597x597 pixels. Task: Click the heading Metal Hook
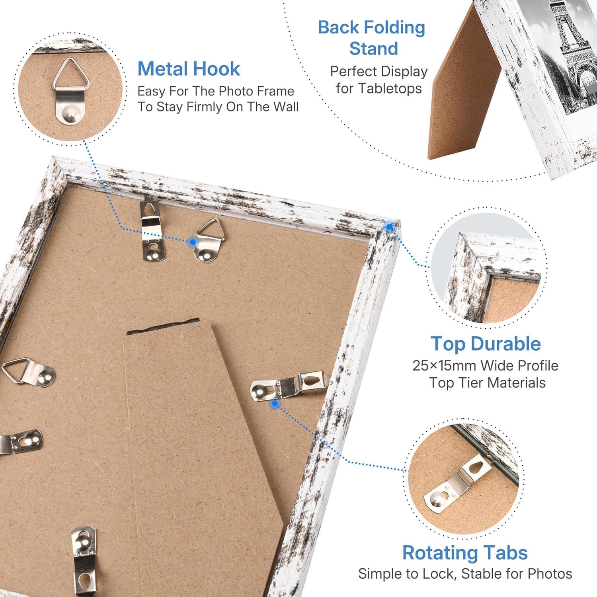tap(189, 69)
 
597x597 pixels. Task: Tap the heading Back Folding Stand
tap(372, 38)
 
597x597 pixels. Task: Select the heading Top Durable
tap(486, 344)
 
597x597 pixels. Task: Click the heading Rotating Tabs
tap(465, 553)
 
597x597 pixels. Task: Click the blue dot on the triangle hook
tap(193, 241)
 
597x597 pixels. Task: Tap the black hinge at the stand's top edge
tap(163, 325)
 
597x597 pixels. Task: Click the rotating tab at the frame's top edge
tap(152, 231)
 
